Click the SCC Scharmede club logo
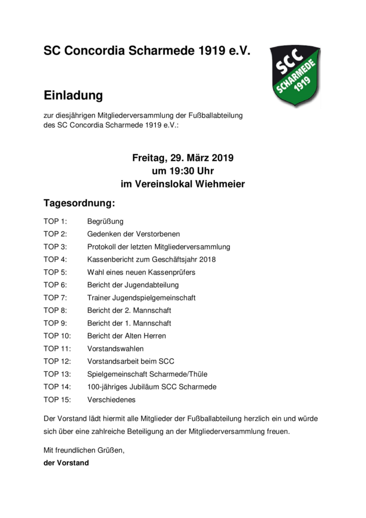pos(295,76)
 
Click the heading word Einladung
pos(73,96)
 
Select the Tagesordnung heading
pos(79,203)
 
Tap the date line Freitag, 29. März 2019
pos(182,158)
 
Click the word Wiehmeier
pos(220,184)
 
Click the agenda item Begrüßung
pos(105,222)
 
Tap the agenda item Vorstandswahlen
pos(115,349)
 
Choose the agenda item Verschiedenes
pos(111,399)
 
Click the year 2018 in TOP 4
pos(207,260)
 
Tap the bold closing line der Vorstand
pos(66,462)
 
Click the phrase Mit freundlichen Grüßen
pos(84,450)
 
